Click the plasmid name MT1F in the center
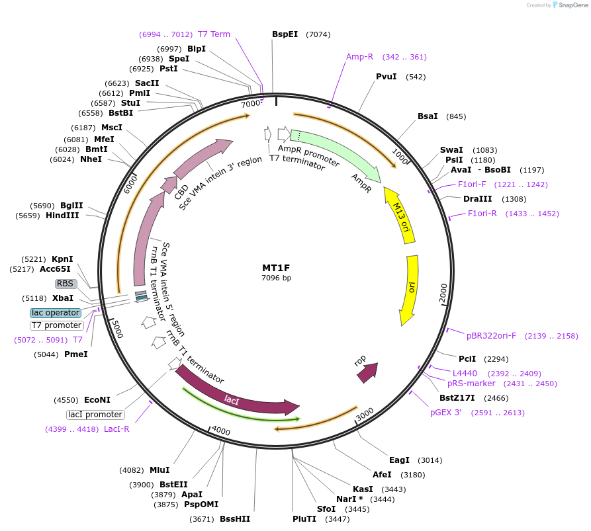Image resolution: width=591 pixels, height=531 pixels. (276, 268)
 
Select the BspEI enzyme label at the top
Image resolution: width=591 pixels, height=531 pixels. (285, 34)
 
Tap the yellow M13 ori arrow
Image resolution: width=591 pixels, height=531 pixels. (397, 212)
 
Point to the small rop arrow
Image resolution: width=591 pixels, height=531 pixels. (367, 372)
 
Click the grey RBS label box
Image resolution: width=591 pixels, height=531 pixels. (66, 284)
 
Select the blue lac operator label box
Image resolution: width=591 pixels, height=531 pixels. (56, 313)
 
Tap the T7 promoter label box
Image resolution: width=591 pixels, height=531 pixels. (57, 325)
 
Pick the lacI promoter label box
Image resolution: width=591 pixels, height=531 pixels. (95, 415)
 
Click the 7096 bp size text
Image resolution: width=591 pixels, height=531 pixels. (276, 278)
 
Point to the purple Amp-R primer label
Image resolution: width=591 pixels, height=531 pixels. (359, 57)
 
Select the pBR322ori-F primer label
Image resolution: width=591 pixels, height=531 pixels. (491, 336)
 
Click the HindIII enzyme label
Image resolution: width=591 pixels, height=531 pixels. (62, 215)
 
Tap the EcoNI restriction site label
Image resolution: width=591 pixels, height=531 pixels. (97, 400)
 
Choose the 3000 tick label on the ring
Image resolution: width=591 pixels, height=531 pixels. (365, 415)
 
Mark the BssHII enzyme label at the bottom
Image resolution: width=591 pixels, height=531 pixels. (235, 519)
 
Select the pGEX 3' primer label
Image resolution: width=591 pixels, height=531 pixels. (449, 413)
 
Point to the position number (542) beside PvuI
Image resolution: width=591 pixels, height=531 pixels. (416, 77)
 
